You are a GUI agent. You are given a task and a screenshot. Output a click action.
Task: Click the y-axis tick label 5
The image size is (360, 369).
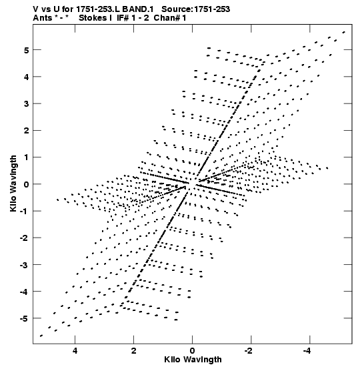(26, 50)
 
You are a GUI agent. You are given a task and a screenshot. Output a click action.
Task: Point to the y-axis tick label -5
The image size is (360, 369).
(24, 319)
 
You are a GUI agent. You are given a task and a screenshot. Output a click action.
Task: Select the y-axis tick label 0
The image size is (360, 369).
(26, 184)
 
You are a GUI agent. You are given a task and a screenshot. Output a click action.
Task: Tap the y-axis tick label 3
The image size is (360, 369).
(26, 104)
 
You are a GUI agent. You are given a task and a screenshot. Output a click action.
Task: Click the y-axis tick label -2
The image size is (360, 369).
(24, 238)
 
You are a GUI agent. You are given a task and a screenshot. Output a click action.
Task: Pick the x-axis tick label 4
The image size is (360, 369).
(75, 351)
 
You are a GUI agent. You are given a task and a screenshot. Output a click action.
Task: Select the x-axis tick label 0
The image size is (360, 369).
(193, 351)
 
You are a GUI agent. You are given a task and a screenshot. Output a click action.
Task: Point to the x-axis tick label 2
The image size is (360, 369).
(133, 351)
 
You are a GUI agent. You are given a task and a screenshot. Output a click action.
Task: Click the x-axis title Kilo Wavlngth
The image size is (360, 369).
(193, 360)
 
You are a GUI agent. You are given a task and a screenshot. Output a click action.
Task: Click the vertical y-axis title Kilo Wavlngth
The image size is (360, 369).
(13, 183)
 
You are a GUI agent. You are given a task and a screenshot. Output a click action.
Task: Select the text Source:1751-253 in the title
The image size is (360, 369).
(195, 9)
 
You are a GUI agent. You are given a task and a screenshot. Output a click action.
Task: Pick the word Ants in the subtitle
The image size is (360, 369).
(42, 18)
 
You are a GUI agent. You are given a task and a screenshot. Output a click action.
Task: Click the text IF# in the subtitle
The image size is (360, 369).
(123, 18)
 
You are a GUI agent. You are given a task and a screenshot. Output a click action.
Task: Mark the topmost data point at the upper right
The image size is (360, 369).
(344, 32)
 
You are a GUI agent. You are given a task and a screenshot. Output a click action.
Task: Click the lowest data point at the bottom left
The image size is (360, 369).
(41, 336)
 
